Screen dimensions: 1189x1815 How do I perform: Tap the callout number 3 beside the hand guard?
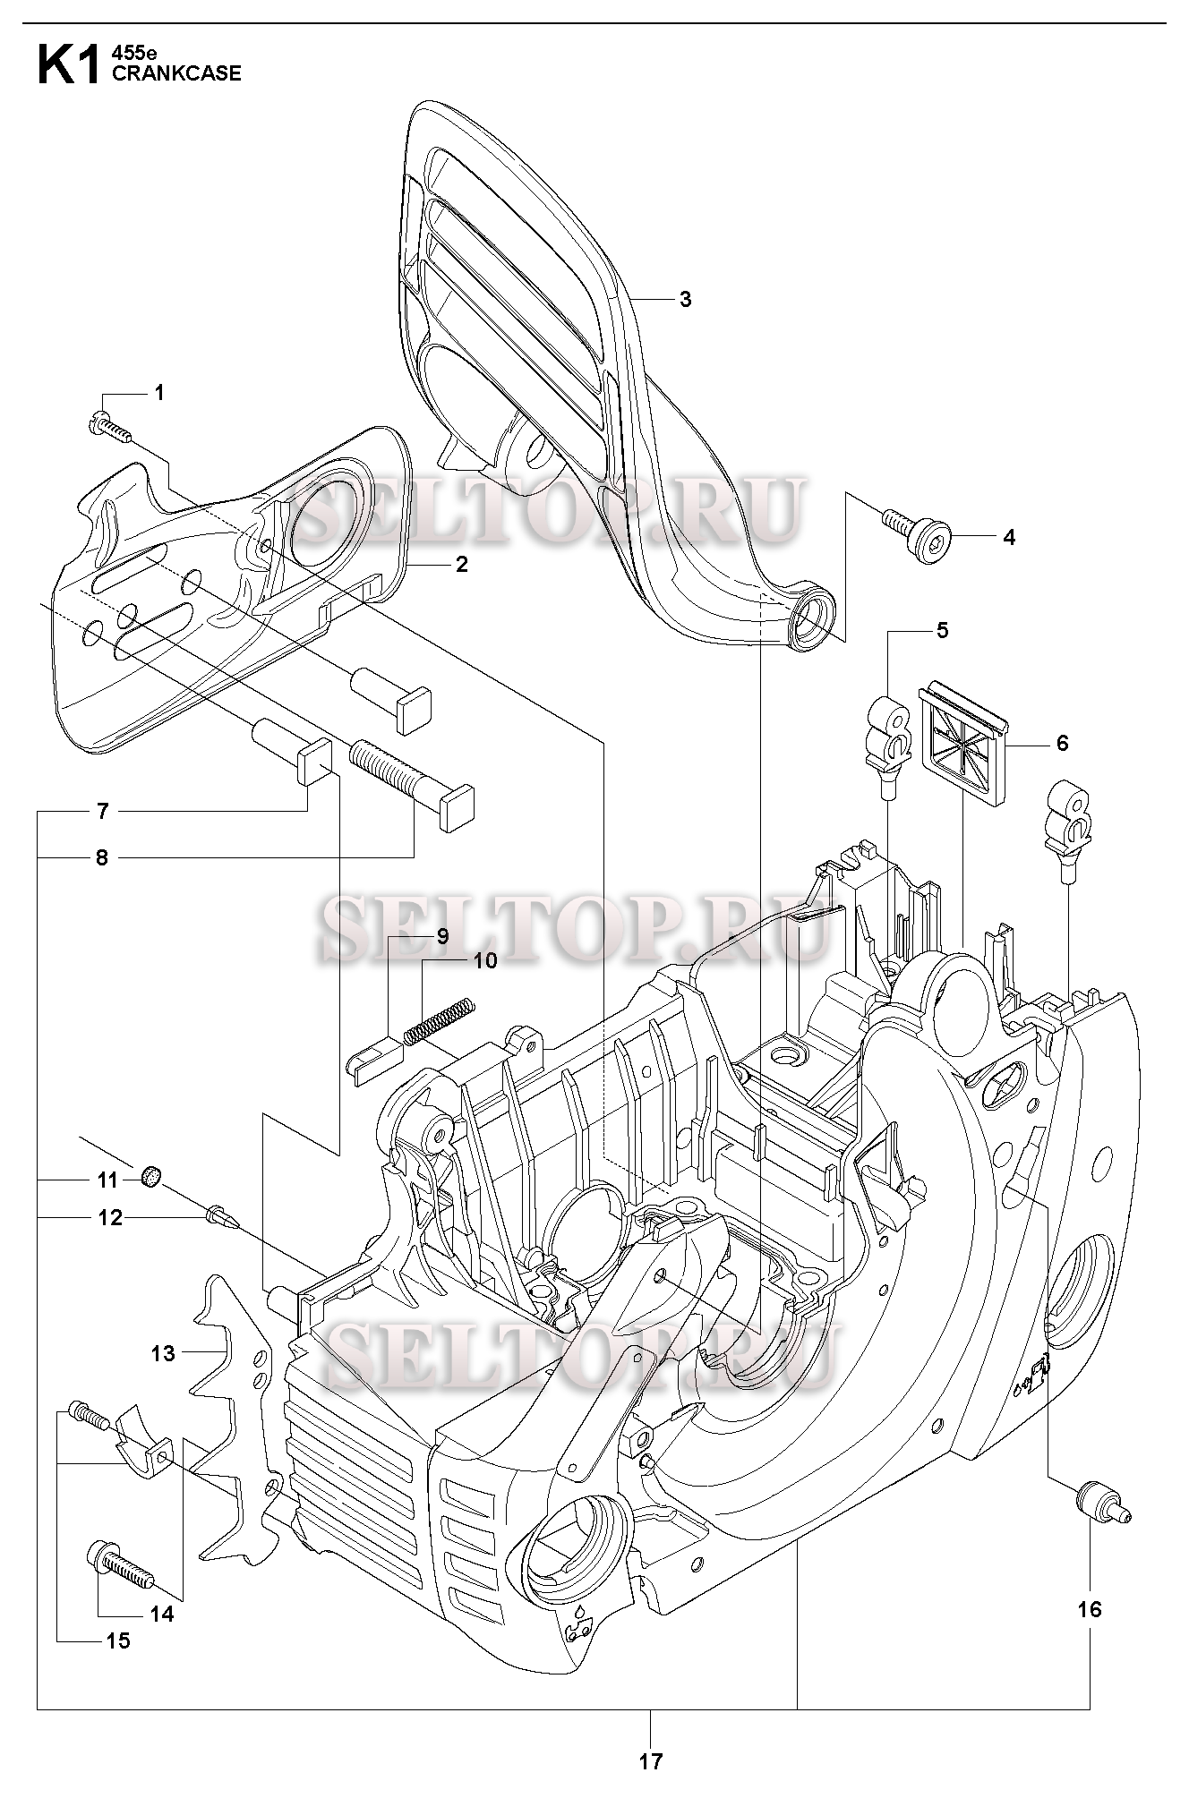685,300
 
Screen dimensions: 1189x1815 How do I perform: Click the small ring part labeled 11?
153,1176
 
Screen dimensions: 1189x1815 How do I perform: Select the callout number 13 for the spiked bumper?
163,1353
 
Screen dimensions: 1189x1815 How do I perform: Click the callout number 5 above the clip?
942,630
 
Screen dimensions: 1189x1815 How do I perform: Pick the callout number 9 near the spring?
442,936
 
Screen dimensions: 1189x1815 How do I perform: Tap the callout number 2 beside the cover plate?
462,565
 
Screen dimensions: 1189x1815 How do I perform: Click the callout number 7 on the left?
103,812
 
